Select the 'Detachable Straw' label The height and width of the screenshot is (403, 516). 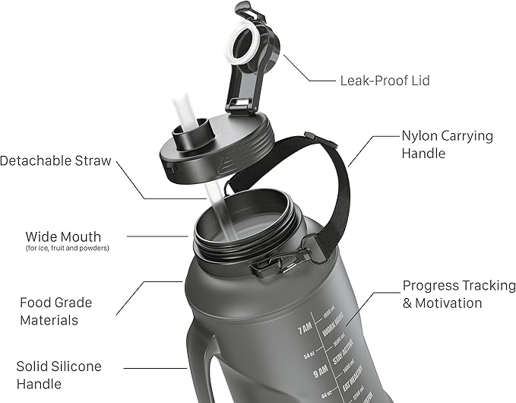click(55, 161)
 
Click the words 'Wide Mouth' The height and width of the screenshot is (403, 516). click(62, 236)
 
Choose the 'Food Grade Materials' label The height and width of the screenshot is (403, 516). click(56, 311)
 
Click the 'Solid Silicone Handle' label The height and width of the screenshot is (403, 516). click(59, 375)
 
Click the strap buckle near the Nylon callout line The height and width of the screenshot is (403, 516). click(308, 139)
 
